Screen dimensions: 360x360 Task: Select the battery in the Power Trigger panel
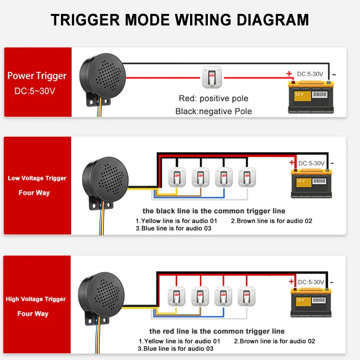click(311, 96)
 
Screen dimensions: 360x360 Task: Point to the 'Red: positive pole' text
click(214, 98)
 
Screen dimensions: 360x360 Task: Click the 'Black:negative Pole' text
click(214, 111)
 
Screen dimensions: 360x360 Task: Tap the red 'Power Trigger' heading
click(37, 76)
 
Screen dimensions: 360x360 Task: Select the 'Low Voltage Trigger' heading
click(37, 178)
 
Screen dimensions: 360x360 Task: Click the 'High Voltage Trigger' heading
click(36, 299)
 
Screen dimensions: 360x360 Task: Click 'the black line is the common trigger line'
click(214, 211)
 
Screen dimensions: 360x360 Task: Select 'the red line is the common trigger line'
click(216, 331)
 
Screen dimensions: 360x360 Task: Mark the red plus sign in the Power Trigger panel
click(289, 74)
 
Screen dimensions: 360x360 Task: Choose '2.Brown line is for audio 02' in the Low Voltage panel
click(271, 221)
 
